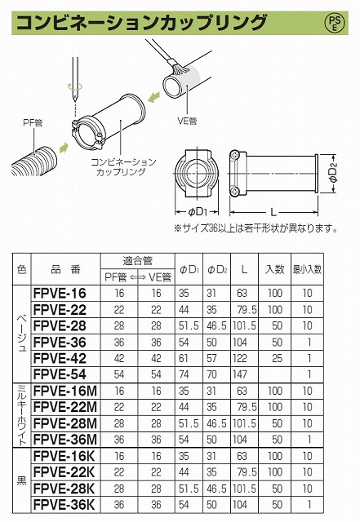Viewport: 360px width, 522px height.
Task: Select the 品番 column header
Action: point(62,269)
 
